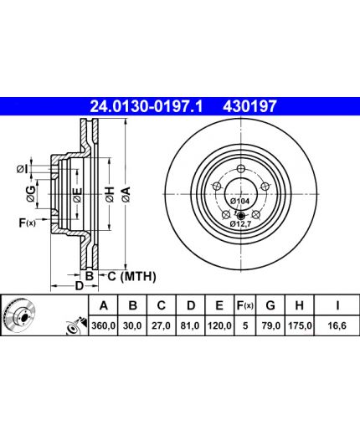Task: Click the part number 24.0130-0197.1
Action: (x=147, y=106)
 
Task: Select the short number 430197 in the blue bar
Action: (x=249, y=106)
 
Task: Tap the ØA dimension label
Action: (x=126, y=194)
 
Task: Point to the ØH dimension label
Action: (x=111, y=194)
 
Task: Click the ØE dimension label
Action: (x=77, y=195)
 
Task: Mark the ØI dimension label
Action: (x=22, y=169)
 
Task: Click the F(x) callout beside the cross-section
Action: (x=27, y=223)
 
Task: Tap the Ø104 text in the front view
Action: (x=239, y=201)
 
